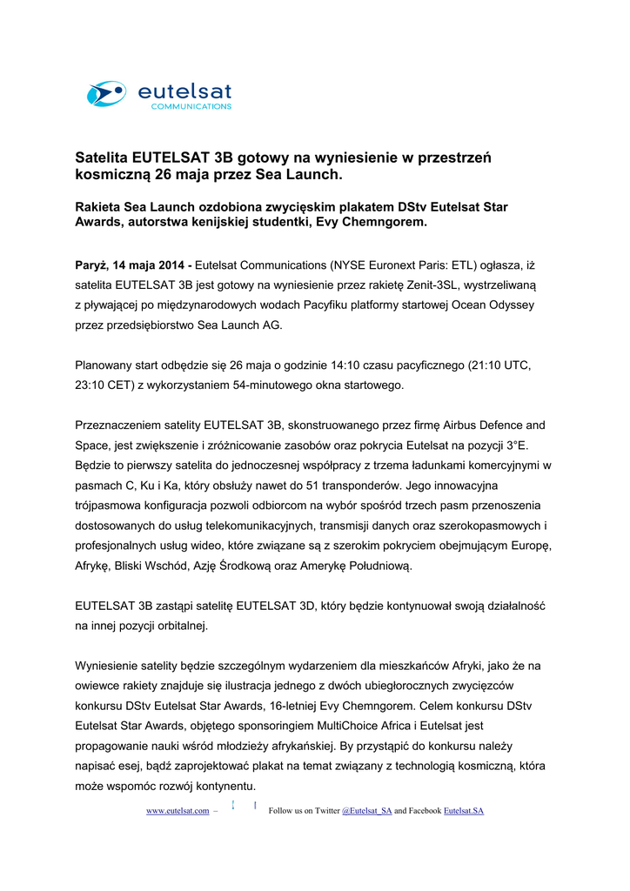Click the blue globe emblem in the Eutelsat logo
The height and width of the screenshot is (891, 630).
[105, 93]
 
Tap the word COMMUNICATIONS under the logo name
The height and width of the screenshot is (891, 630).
[191, 107]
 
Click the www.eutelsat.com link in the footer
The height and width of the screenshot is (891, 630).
[177, 811]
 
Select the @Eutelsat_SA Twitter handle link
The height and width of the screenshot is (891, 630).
[366, 811]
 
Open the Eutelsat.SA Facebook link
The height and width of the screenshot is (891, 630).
[463, 811]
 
